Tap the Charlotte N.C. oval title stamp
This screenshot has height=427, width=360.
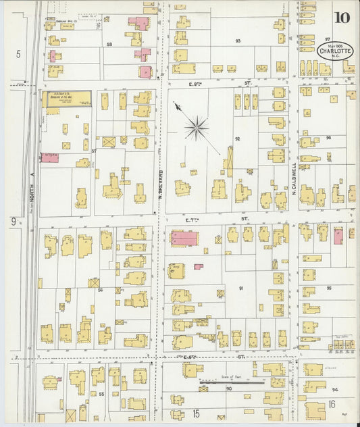point(334,51)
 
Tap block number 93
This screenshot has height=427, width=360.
point(238,41)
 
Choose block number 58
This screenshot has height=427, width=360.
point(109,44)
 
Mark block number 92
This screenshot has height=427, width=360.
point(237,139)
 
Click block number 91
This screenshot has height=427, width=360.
point(240,288)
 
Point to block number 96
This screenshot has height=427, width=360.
point(329,138)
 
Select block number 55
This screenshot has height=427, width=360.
point(101,393)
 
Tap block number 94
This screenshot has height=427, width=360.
point(334,390)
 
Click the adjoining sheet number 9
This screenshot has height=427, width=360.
point(13,221)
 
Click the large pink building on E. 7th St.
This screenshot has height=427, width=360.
point(184,238)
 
